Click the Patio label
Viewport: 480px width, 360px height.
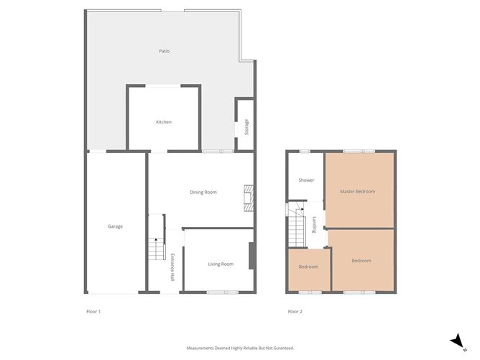point(164,51)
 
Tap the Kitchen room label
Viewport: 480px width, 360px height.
point(164,122)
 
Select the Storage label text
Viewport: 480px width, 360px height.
point(246,127)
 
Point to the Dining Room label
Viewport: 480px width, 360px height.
point(203,193)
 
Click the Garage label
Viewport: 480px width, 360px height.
point(115,226)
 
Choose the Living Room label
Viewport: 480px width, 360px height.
point(221,264)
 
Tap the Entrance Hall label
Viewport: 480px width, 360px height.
point(172,267)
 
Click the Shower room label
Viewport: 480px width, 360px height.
point(306,180)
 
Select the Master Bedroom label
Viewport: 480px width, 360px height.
point(358,191)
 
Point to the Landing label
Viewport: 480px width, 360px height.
point(314,225)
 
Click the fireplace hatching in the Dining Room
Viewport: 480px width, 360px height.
point(249,198)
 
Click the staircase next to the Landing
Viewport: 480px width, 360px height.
point(297,228)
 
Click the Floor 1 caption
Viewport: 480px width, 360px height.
point(93,312)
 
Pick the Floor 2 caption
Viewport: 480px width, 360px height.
point(295,312)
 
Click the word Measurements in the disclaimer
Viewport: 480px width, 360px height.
point(200,348)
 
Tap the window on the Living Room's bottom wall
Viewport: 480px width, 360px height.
point(223,292)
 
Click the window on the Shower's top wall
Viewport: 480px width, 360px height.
point(305,151)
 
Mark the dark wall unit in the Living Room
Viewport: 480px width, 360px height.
point(251,256)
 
